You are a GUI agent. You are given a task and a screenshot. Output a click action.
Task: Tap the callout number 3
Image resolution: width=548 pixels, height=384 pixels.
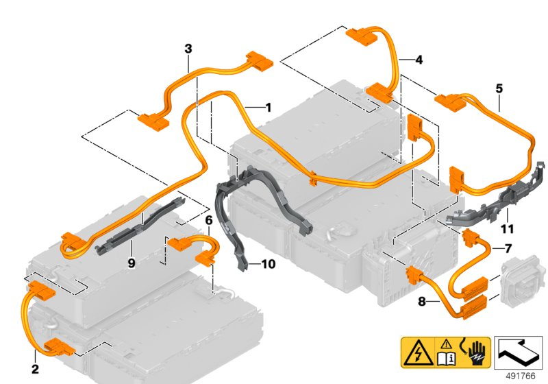coord(188,49)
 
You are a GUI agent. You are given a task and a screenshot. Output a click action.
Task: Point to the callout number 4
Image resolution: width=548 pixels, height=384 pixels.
coord(419,60)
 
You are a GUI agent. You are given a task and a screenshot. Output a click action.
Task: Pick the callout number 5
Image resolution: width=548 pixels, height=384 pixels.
coord(499,88)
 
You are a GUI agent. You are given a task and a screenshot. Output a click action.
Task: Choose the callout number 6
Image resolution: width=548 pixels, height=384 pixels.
coord(209,220)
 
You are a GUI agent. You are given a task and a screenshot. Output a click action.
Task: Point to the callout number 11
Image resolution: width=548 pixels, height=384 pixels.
coord(507,228)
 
